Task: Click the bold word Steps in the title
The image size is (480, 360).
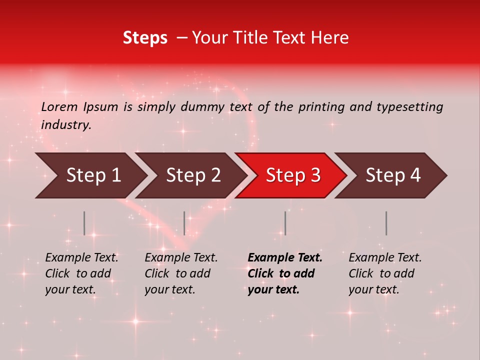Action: coord(145,37)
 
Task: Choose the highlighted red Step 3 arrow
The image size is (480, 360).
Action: coord(293,175)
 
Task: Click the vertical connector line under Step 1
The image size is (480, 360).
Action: coord(84,223)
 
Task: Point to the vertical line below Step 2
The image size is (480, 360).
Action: coord(184,223)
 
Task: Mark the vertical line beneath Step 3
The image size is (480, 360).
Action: coord(285,223)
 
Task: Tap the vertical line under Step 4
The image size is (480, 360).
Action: coord(386,223)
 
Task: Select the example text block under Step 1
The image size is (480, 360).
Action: coord(81,273)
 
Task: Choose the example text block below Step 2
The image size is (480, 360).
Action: coord(181,273)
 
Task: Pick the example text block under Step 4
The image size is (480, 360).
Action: coord(385,273)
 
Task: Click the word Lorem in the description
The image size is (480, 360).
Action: coord(59,106)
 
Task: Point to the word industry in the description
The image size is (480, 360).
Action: coord(66,125)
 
